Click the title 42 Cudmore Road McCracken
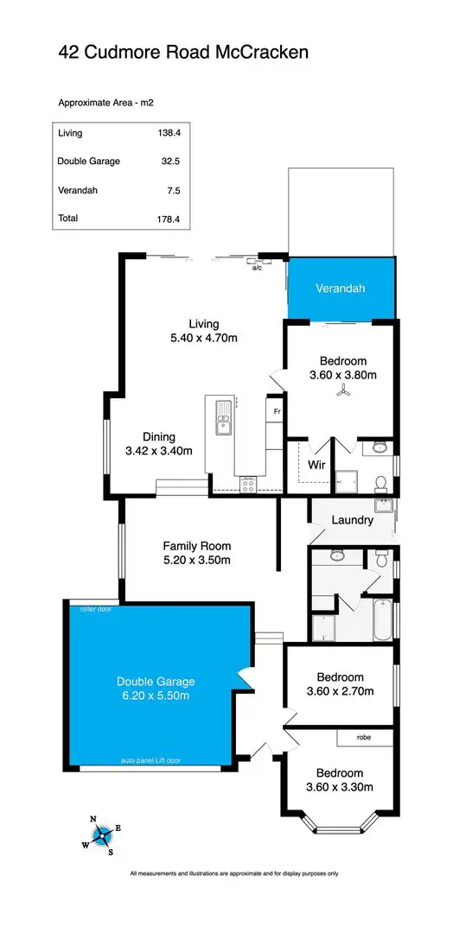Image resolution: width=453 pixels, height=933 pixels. pyautogui.click(x=182, y=53)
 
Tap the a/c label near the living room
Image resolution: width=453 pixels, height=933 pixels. pyautogui.click(x=257, y=268)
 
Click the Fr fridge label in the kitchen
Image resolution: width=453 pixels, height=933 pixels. pyautogui.click(x=277, y=412)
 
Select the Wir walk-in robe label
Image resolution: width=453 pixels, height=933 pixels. pyautogui.click(x=316, y=464)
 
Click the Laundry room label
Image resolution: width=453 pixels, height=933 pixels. pyautogui.click(x=352, y=520)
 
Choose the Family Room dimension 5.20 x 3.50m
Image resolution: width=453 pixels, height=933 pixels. pyautogui.click(x=197, y=560)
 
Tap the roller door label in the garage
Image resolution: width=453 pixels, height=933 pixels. pyautogui.click(x=95, y=608)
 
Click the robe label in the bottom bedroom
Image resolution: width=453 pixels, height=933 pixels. pyautogui.click(x=364, y=738)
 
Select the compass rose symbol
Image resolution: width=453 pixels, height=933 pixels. pyautogui.click(x=102, y=835)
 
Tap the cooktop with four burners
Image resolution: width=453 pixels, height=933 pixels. pyautogui.click(x=248, y=485)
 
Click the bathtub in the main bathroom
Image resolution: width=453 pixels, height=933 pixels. pyautogui.click(x=381, y=619)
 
